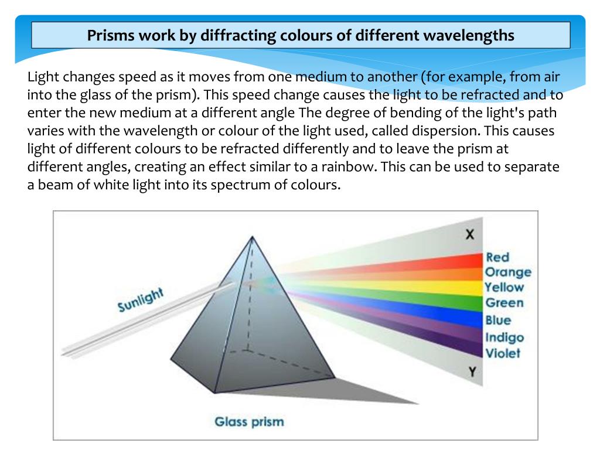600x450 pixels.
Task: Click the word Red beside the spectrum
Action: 497,257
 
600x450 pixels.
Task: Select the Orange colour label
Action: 507,272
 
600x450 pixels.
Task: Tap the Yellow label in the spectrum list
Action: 504,288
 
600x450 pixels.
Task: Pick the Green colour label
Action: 504,304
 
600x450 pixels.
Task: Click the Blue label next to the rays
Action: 497,321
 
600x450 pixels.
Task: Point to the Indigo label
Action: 504,337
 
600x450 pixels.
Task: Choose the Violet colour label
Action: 503,353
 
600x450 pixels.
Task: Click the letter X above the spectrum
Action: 469,235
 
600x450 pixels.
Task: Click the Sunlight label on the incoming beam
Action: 140,300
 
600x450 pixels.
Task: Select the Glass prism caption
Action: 249,421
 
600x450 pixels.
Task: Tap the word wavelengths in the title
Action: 465,36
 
